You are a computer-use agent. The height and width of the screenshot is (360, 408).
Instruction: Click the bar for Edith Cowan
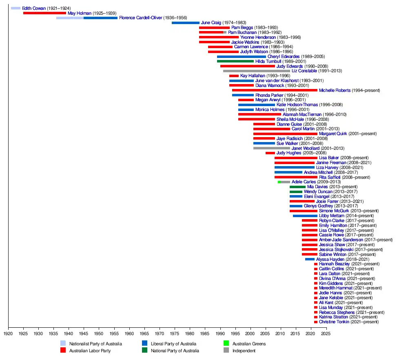[x=16, y=8]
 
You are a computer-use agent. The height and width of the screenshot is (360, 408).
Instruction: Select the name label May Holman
[x=79, y=13]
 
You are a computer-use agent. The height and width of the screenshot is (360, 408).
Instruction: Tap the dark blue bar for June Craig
[x=185, y=23]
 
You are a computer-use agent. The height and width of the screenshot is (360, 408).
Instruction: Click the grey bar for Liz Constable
[x=256, y=71]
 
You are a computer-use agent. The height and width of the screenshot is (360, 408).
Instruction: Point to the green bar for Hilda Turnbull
[x=235, y=61]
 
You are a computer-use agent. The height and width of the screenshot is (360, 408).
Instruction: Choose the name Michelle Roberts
[x=334, y=90]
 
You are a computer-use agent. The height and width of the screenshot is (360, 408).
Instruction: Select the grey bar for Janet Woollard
[x=271, y=148]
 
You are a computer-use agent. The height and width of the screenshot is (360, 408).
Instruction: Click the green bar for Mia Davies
[x=297, y=187]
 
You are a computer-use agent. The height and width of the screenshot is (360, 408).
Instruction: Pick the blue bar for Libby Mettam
[x=305, y=216]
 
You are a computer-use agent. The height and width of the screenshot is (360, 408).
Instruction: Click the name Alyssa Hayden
[x=330, y=259]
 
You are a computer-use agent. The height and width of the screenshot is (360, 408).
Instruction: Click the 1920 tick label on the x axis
[x=8, y=333]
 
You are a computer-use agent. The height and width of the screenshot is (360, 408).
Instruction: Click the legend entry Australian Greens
[x=249, y=344]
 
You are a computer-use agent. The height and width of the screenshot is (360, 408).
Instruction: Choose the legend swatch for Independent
[x=226, y=350]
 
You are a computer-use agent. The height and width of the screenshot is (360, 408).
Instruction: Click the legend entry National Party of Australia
[x=175, y=350]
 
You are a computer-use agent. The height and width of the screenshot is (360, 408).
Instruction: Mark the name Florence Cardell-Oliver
[x=140, y=18]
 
